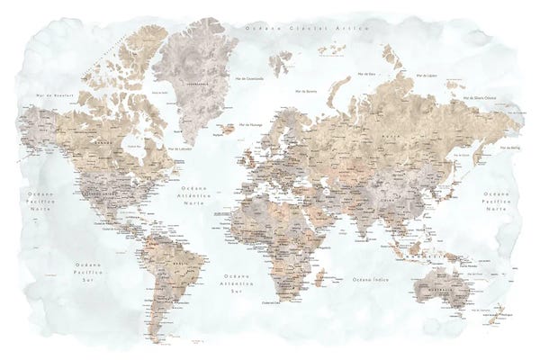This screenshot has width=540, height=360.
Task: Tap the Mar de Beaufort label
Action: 53,94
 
